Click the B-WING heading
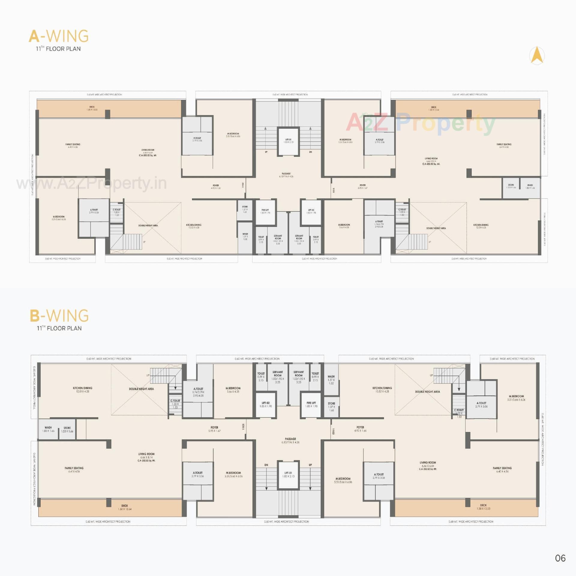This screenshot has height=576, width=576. (x=59, y=316)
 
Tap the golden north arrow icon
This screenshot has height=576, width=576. (x=537, y=55)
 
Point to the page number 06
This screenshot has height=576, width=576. (x=560, y=558)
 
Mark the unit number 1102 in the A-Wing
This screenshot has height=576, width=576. (x=243, y=185)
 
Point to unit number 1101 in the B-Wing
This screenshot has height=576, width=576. (x=243, y=427)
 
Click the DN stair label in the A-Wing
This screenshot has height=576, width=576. (x=310, y=152)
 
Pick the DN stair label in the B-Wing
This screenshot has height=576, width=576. (x=266, y=465)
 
